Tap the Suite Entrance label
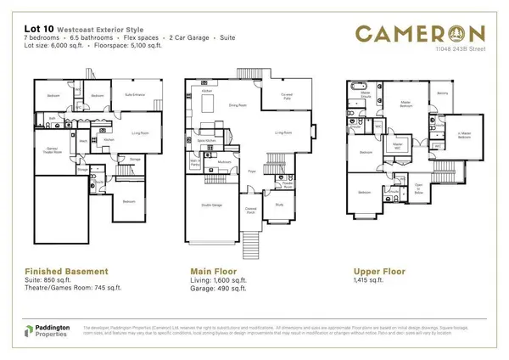pyautogui.click(x=129, y=94)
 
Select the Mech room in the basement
pyautogui.click(x=83, y=141)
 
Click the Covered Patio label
pyautogui.click(x=287, y=96)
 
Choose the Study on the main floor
pyautogui.click(x=280, y=204)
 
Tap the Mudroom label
pyautogui.click(x=225, y=161)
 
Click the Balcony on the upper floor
pyautogui.click(x=442, y=93)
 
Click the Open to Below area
pyautogui.click(x=418, y=189)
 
